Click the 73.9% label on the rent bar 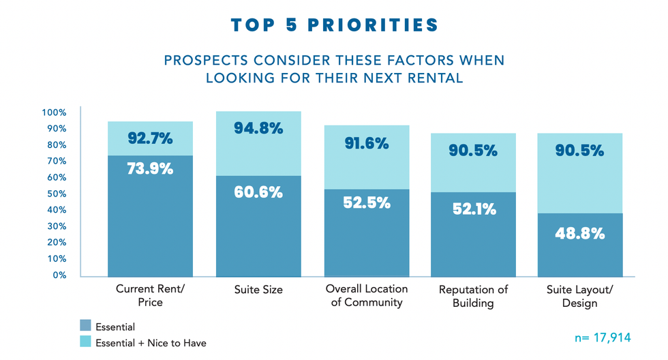point(150,169)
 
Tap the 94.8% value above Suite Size point(258,127)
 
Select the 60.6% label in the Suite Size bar point(258,192)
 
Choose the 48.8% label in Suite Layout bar point(580,233)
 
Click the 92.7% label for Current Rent point(150,139)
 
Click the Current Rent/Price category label point(151,296)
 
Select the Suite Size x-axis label point(258,290)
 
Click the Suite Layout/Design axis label point(580,296)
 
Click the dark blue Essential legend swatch point(85,327)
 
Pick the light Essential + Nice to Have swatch point(85,342)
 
